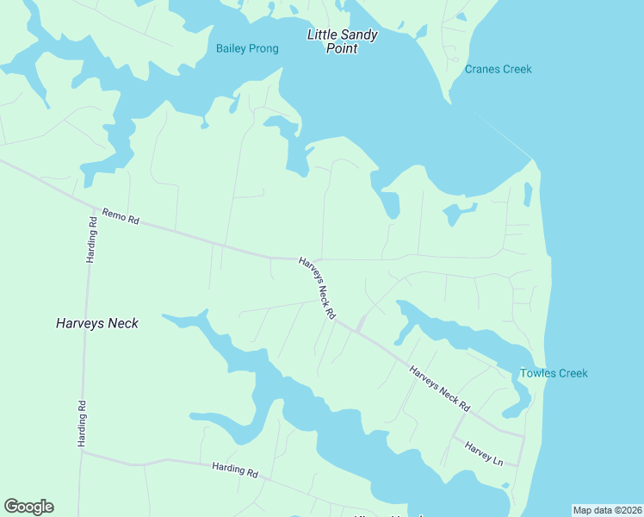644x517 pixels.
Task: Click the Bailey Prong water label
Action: pyautogui.click(x=247, y=48)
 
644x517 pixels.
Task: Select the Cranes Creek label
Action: pyautogui.click(x=498, y=69)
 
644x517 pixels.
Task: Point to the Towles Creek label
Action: pyautogui.click(x=554, y=373)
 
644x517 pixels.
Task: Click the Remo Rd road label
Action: pyautogui.click(x=121, y=216)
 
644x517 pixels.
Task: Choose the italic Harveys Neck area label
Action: pyautogui.click(x=97, y=323)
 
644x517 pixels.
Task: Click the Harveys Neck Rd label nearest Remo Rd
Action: pyautogui.click(x=317, y=289)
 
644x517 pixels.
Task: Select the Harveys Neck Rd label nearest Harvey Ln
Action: pyautogui.click(x=439, y=388)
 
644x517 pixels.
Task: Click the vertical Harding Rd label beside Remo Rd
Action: pyautogui.click(x=92, y=240)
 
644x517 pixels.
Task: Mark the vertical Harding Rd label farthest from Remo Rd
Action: pyautogui.click(x=82, y=423)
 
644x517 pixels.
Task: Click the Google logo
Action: pyautogui.click(x=28, y=507)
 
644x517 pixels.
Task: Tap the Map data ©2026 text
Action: pyautogui.click(x=607, y=509)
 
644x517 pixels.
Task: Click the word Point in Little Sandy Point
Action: pyautogui.click(x=341, y=48)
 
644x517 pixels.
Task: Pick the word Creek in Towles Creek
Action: pyautogui.click(x=572, y=373)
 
